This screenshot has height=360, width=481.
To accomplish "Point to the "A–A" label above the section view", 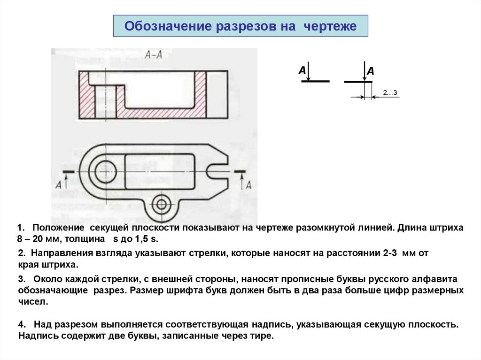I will (154, 55).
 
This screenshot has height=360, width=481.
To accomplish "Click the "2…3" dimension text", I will (390, 92).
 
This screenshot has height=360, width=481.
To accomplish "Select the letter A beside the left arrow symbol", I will (302, 70).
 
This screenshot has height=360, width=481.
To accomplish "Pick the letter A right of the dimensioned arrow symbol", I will (371, 71).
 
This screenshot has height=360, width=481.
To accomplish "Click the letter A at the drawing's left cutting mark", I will (59, 185).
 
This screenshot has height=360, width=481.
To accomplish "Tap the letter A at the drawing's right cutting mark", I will (249, 184).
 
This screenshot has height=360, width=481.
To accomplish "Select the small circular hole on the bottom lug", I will (163, 204).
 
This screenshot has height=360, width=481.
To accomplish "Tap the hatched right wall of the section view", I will (201, 94).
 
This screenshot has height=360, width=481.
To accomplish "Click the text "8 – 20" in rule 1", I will (31, 239).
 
